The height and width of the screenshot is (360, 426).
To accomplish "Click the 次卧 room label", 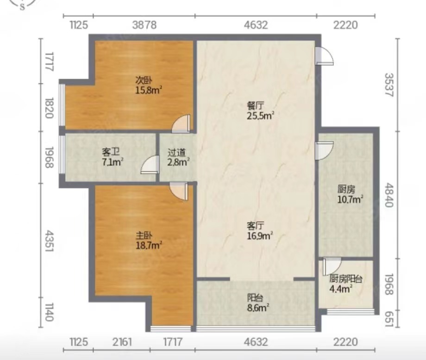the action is (x=144, y=81).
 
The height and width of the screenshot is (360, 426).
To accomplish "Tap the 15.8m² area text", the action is (x=149, y=90).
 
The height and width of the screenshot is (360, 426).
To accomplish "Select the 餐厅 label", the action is (x=256, y=106).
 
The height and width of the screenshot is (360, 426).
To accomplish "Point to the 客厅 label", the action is (x=256, y=226).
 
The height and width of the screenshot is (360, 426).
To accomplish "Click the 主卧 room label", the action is (x=144, y=236).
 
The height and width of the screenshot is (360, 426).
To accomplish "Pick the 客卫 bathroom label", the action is (x=111, y=152).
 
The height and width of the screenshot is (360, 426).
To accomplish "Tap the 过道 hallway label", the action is (x=176, y=152).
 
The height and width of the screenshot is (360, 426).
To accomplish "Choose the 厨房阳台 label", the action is (x=346, y=279).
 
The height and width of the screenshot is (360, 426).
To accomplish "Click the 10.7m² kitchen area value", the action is (x=351, y=199).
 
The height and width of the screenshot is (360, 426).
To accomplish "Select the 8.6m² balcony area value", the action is (x=258, y=308).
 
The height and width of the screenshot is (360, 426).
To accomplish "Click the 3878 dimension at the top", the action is (x=144, y=25).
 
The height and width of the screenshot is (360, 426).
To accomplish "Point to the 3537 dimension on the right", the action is (x=389, y=85).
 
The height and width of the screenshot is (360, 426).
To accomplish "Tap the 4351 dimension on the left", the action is (x=49, y=241).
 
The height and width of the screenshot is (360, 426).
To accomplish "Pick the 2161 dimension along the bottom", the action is (x=122, y=342).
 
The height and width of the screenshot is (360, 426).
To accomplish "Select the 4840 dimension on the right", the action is (x=389, y=195).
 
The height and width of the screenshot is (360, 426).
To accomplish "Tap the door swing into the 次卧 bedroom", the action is (x=181, y=124).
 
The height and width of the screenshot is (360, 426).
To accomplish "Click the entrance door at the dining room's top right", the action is (x=325, y=56).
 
